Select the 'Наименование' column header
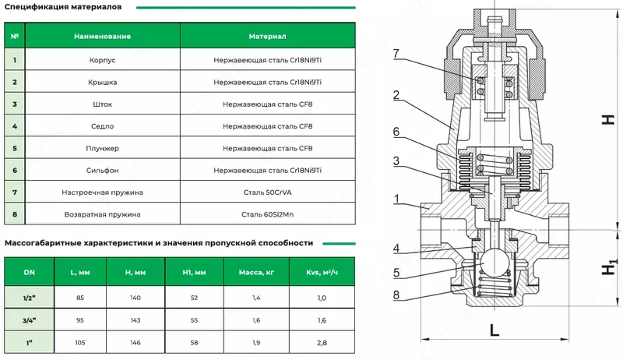(102, 37)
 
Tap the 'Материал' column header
(268, 37)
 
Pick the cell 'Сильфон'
(102, 170)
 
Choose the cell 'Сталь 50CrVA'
(268, 192)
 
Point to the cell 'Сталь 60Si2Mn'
(268, 214)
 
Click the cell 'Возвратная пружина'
(102, 214)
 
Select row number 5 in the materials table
(14, 147)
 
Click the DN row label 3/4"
(29, 319)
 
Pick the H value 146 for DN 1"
(135, 341)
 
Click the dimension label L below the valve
(494, 329)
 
